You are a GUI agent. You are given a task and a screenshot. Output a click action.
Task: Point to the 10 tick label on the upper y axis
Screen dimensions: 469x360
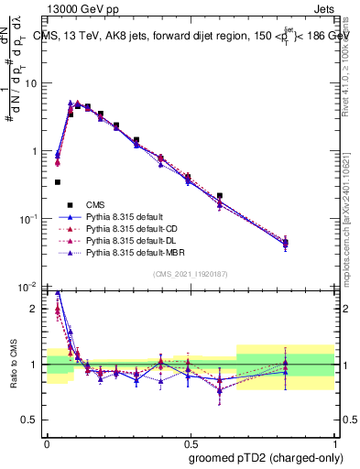pyautogui.click(x=33, y=83)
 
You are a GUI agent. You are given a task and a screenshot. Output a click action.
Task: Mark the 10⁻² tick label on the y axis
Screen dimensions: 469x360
pyautogui.click(x=31, y=288)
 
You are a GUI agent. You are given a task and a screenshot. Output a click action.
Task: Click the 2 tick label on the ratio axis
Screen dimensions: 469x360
pyautogui.click(x=37, y=309)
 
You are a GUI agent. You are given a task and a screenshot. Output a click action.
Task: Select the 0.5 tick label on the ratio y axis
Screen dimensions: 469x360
pyautogui.click(x=33, y=421)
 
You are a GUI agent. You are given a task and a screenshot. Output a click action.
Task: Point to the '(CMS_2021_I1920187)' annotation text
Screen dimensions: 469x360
pyautogui.click(x=191, y=274)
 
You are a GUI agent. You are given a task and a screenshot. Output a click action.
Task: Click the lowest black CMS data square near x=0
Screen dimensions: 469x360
pyautogui.click(x=58, y=182)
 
